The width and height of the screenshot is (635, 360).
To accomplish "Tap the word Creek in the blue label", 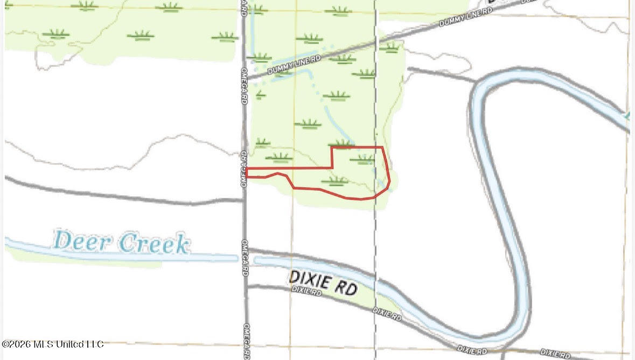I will [155, 244].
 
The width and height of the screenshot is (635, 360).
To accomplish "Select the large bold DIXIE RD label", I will [323, 282].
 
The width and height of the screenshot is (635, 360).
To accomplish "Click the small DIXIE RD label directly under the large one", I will [306, 290].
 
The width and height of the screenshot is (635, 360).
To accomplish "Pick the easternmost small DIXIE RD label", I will [555, 354].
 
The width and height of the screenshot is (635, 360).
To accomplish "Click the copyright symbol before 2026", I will [5, 344].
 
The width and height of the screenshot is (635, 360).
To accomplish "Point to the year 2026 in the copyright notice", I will [21, 344].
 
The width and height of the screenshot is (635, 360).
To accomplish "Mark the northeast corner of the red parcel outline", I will [382, 147].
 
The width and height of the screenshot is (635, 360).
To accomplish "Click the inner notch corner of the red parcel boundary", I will [331, 168].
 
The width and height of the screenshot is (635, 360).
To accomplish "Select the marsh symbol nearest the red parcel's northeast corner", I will [365, 158].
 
